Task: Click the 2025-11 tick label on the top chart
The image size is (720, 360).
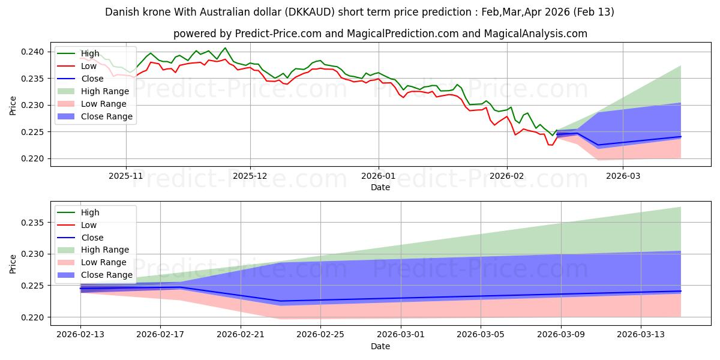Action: click(126, 176)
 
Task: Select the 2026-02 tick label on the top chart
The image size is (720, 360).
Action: click(507, 176)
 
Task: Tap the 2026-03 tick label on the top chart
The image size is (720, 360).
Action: click(622, 176)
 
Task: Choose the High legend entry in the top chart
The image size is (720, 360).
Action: click(90, 54)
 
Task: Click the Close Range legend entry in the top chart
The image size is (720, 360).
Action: click(107, 116)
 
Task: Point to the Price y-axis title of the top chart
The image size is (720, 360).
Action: click(14, 105)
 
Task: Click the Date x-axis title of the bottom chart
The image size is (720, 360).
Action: click(380, 346)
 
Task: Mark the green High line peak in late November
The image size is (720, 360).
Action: click(225, 48)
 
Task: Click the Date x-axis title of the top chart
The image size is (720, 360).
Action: click(380, 187)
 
